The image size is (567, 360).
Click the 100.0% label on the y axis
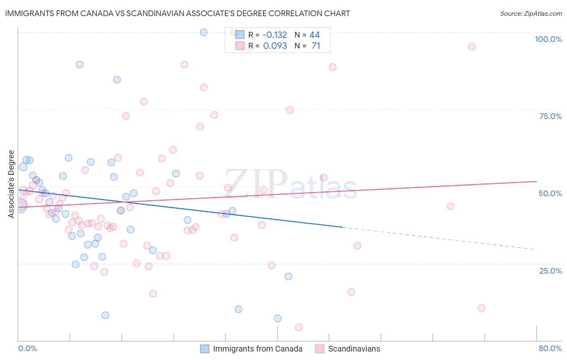click(548, 39)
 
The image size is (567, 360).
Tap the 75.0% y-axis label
click(550, 116)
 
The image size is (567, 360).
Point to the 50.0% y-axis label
click(550, 193)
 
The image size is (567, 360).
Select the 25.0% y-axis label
click(550, 270)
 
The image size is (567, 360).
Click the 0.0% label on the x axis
click(27, 348)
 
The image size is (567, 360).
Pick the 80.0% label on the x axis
click(550, 348)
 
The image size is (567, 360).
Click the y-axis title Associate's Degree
click(11, 184)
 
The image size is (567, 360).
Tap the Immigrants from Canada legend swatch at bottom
click(205, 349)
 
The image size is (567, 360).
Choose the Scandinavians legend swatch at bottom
click(320, 349)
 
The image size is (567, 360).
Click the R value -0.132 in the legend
click(275, 35)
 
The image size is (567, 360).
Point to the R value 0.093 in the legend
click(275, 46)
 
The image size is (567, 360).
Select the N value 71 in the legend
click(316, 46)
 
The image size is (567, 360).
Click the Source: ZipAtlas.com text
click(531, 14)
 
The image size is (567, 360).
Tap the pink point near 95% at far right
click(471, 47)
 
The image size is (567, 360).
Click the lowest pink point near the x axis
click(299, 327)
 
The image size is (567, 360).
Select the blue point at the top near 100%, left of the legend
click(204, 32)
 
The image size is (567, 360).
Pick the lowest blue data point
click(278, 318)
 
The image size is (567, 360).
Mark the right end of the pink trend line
click(536, 182)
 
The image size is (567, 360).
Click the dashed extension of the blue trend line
click(440, 239)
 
